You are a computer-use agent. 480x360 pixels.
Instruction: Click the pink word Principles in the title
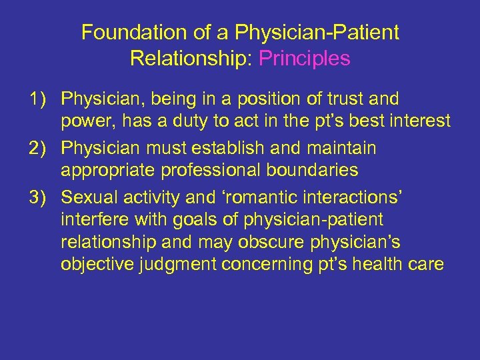coord(304,59)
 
